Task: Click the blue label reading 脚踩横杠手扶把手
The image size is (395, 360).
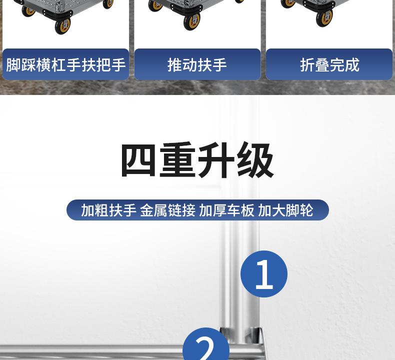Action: point(65,64)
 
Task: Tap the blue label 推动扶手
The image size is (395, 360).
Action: point(197,64)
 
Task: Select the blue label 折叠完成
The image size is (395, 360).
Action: point(329,64)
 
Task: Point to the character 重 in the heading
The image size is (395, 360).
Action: point(178,161)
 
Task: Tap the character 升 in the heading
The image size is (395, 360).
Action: point(217,161)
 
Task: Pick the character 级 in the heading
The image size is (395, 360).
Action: point(255,161)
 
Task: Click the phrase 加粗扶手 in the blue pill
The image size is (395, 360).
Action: point(108,210)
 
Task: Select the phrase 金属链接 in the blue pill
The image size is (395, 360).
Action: point(167,210)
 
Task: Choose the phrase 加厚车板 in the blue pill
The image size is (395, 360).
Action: point(226,210)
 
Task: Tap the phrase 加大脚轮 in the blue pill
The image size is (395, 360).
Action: point(285,210)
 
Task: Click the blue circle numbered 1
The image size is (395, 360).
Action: point(264,274)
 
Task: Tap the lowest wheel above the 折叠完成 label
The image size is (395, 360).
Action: point(324,17)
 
